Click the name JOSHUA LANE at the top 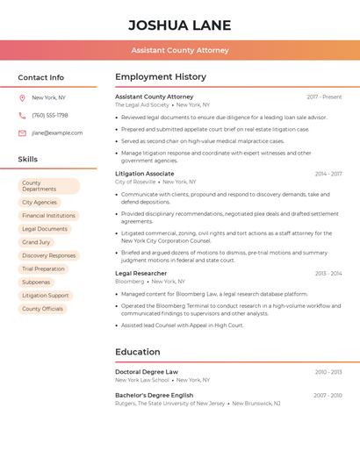[x=180, y=25]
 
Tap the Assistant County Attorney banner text [x=180, y=50]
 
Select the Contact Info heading [x=40, y=77]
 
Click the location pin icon [x=22, y=98]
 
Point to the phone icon [x=22, y=115]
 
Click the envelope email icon [x=22, y=132]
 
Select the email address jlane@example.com [x=57, y=132]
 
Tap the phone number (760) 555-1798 [x=50, y=115]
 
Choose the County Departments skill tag [x=48, y=186]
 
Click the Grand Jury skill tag [x=36, y=242]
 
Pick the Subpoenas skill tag [x=36, y=283]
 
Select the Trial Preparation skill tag [x=43, y=269]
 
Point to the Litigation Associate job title [x=144, y=174]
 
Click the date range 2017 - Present [x=324, y=97]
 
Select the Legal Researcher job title [x=140, y=273]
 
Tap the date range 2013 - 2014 [x=328, y=273]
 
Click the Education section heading [x=137, y=352]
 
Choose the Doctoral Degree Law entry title [x=146, y=372]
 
